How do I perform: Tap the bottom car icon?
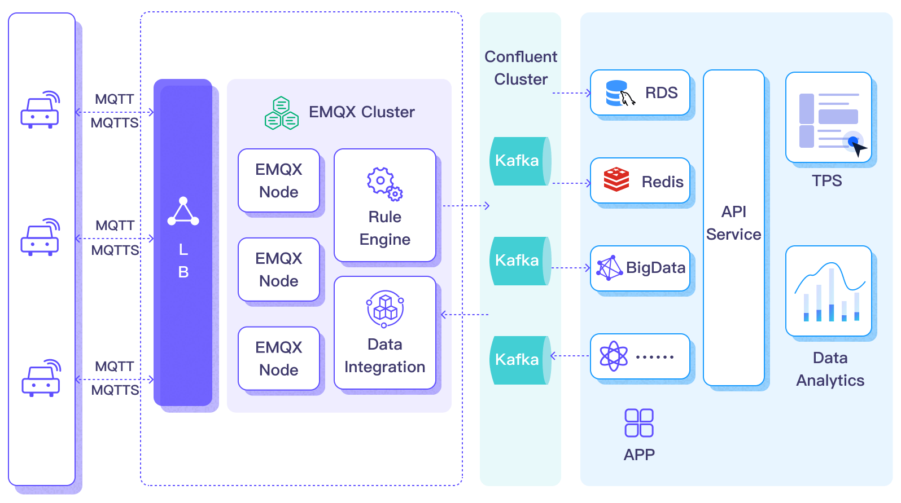pyautogui.click(x=41, y=378)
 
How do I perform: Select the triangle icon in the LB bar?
pyautogui.click(x=183, y=212)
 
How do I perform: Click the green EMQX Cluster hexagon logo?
pyautogui.click(x=281, y=114)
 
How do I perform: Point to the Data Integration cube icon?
pyautogui.click(x=385, y=308)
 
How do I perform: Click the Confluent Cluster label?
pyautogui.click(x=521, y=68)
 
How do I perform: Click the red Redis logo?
pyautogui.click(x=616, y=180)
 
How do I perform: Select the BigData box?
pyautogui.click(x=640, y=268)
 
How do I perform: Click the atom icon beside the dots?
pyautogui.click(x=614, y=356)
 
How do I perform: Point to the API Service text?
pyautogui.click(x=733, y=223)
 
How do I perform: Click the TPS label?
pyautogui.click(x=826, y=181)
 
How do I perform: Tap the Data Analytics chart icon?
pyautogui.click(x=829, y=292)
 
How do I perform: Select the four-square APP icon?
pyautogui.click(x=639, y=423)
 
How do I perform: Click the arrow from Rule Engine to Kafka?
pyautogui.click(x=466, y=206)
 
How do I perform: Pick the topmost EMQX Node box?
pyautogui.click(x=279, y=180)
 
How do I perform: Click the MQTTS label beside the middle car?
pyautogui.click(x=115, y=250)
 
